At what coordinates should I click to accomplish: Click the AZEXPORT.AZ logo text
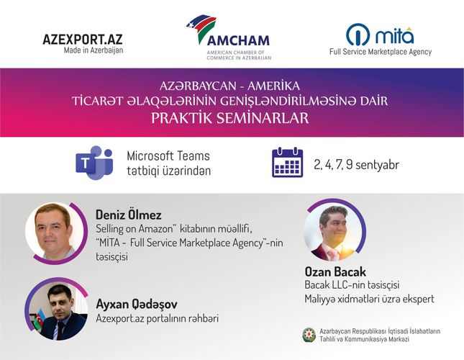point(83,39)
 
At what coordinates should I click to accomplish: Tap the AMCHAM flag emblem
point(203,29)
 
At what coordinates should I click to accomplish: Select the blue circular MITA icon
point(358,35)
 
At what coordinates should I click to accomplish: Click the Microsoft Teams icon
point(94,162)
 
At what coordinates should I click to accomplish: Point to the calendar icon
point(287,162)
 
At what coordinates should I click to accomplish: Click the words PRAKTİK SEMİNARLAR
point(230,118)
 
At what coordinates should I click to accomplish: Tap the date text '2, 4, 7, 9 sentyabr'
point(356,164)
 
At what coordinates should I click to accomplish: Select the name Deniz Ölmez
point(129,215)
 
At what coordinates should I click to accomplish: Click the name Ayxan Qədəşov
point(137,304)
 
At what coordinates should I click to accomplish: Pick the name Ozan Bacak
point(335,271)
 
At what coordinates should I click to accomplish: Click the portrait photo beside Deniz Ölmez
point(55,232)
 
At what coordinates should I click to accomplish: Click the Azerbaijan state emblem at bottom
point(309,335)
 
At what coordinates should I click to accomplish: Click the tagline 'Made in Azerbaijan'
point(94,50)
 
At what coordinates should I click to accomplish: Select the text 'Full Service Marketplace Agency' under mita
point(381,52)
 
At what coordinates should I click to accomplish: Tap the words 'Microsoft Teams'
point(168,156)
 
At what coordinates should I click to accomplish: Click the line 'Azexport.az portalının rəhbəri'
point(157,318)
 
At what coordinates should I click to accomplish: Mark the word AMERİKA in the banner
point(274,86)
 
